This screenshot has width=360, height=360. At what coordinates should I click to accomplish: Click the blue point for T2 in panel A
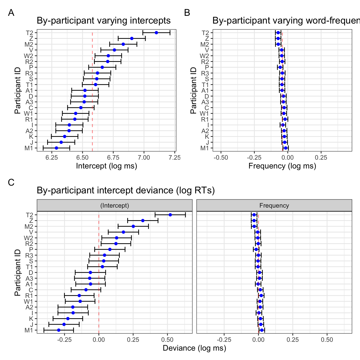pyautogui.click(x=156, y=33)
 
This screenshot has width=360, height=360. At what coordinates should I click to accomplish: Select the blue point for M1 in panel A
pyautogui.click(x=56, y=148)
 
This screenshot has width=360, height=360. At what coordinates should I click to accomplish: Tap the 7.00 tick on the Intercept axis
pyautogui.click(x=144, y=157)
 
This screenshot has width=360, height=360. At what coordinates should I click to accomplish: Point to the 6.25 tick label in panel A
pyautogui.click(x=52, y=157)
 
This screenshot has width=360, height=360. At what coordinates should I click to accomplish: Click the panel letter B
pyautogui.click(x=187, y=13)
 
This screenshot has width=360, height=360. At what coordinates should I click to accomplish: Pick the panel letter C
pyautogui.click(x=11, y=182)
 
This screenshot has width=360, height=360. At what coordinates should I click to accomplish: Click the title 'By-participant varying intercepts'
pyautogui.click(x=104, y=21)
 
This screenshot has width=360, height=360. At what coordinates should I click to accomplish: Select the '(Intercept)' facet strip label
pyautogui.click(x=115, y=205)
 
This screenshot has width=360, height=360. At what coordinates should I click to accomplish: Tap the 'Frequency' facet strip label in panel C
pyautogui.click(x=274, y=205)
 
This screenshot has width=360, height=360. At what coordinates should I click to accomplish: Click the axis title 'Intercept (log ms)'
pyautogui.click(x=107, y=166)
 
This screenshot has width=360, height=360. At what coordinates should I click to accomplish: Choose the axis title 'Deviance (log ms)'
pyautogui.click(x=194, y=348)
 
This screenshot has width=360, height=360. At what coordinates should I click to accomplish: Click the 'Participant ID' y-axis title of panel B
pyautogui.click(x=193, y=91)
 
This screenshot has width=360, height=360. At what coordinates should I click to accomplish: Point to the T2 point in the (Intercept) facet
pyautogui.click(x=170, y=215)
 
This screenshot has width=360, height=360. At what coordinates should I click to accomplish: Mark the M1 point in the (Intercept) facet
pyautogui.click(x=59, y=330)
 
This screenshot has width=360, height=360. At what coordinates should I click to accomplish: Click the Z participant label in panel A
pyautogui.click(x=31, y=39)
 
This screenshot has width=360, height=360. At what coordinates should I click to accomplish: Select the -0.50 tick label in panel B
pyautogui.click(x=221, y=157)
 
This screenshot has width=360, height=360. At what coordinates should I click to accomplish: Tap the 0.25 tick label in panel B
pyautogui.click(x=321, y=157)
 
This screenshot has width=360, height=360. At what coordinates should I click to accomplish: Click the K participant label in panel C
pyautogui.click(x=31, y=319)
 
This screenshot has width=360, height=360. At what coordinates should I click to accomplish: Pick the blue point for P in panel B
pyautogui.click(x=280, y=67)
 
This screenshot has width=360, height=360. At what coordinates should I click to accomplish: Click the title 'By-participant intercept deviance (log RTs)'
pyautogui.click(x=126, y=190)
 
